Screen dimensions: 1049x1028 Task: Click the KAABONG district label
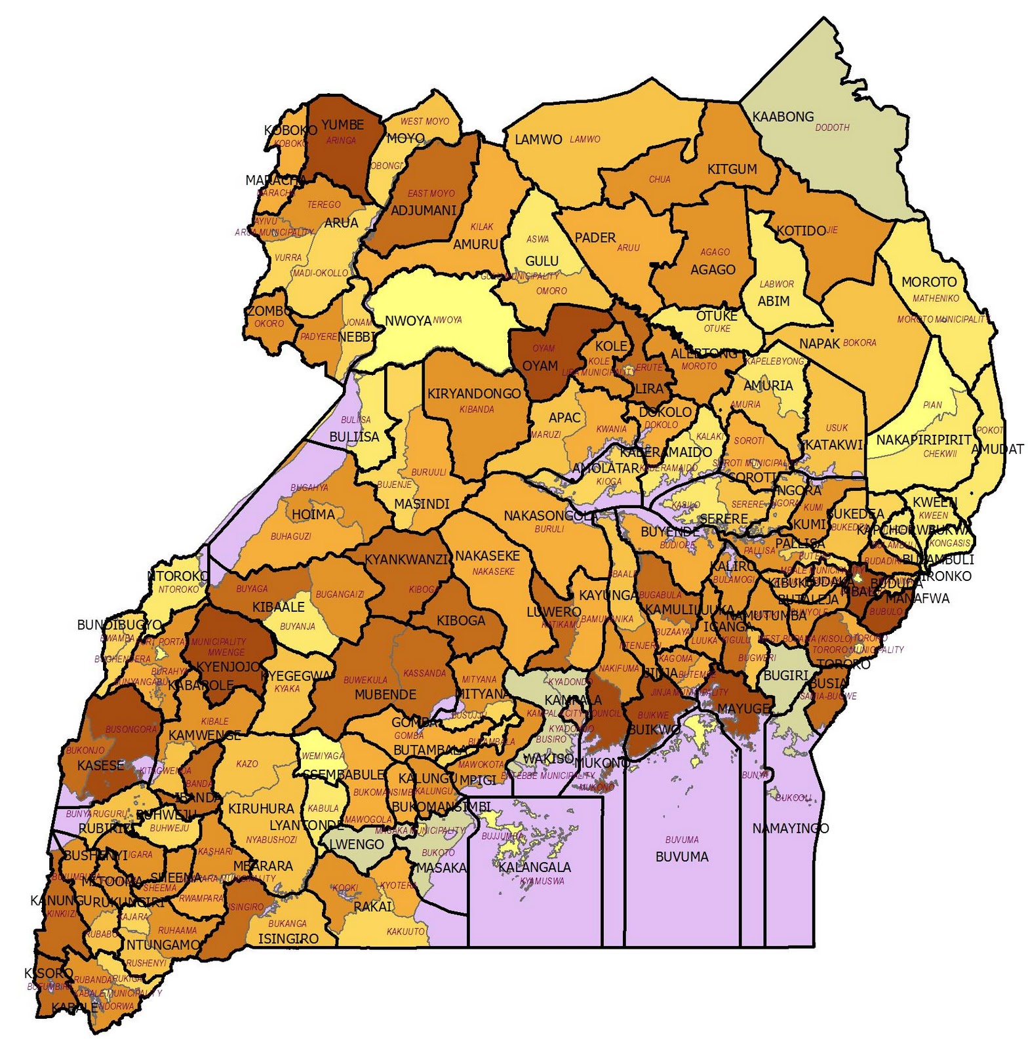[783, 117]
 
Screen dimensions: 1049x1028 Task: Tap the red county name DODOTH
[832, 128]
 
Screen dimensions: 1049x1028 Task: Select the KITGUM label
[732, 169]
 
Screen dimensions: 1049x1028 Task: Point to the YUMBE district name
[342, 125]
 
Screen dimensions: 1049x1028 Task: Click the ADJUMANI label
[424, 211]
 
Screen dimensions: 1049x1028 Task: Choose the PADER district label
[595, 237]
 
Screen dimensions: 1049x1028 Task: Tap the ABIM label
[774, 301]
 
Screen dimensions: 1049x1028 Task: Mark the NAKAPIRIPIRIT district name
[924, 439]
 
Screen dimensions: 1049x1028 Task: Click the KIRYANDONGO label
[474, 393]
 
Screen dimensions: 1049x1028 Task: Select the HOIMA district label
[313, 514]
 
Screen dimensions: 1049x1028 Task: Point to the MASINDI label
[422, 504]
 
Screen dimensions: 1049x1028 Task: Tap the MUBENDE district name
[385, 694]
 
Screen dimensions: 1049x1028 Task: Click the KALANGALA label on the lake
[534, 867]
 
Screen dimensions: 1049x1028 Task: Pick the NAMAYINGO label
[790, 828]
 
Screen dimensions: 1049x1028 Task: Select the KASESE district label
[100, 765]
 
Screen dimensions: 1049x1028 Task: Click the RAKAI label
[372, 907]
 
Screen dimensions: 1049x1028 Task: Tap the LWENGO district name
[356, 844]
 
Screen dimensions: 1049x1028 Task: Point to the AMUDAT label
[997, 449]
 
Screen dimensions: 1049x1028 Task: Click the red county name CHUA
[660, 179]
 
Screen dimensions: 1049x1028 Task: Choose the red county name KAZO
[247, 764]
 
